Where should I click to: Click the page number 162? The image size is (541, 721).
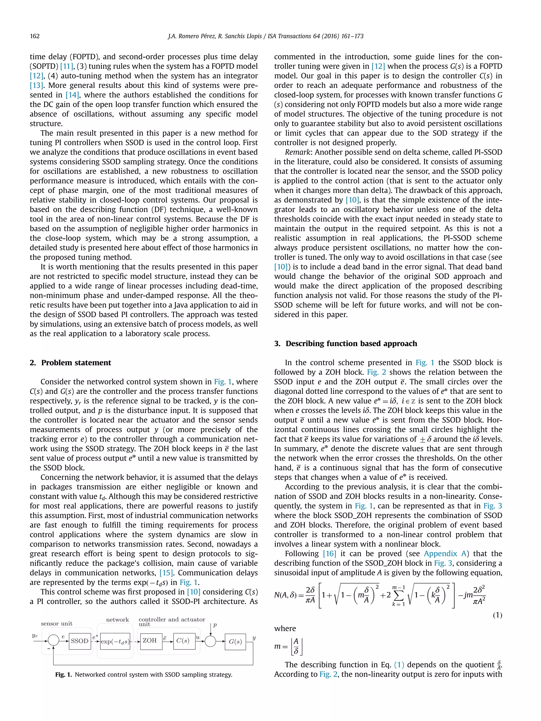coord(35,36)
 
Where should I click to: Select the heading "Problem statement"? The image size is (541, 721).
coord(76,363)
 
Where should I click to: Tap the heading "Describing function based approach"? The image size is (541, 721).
coord(351,343)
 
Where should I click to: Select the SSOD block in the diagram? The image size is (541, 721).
coord(80,641)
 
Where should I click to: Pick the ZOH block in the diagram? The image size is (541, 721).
coord(150,640)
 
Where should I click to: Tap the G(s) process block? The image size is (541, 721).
coord(235,642)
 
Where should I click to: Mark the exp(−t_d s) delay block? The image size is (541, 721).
coord(115,642)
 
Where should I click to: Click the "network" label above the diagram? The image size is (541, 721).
coord(117,620)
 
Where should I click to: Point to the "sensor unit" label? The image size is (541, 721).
coord(57,624)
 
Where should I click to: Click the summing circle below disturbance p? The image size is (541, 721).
coord(210,641)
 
